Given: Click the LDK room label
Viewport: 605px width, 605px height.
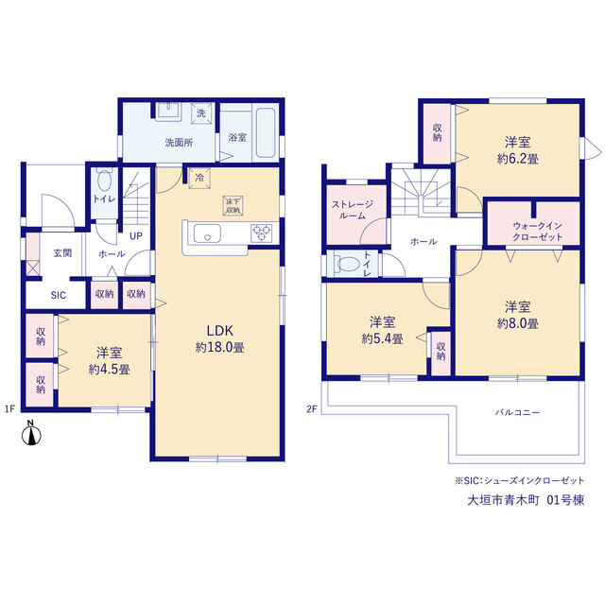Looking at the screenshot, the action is pos(220,331).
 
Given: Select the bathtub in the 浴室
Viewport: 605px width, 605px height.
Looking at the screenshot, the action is pos(266,132).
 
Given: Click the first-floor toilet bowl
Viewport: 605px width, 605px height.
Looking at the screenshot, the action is pos(104,181).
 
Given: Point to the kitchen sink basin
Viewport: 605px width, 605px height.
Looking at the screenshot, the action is pos(207,233).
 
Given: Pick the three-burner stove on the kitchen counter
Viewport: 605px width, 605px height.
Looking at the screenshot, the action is pos(261,233).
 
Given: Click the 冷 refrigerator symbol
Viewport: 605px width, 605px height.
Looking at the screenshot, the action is pos(199,179).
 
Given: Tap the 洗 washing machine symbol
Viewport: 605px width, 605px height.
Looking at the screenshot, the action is pos(201,113).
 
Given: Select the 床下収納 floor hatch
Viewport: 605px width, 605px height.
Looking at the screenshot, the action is pos(233,206).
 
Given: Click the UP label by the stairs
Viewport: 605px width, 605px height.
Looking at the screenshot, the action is pos(136,236).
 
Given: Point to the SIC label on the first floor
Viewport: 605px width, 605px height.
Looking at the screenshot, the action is pos(59,295).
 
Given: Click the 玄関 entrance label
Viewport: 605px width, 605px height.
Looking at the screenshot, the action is pos(62,253).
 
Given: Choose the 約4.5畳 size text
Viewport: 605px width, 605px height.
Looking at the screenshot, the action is pos(110,370).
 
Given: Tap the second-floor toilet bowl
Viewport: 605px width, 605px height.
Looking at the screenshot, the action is pos(348,265).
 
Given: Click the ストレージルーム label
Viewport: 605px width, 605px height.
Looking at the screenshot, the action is pos(353,210).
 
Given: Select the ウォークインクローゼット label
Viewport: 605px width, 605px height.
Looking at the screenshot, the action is pos(538,231).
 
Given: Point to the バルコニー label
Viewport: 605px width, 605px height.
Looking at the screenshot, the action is pos(517,412).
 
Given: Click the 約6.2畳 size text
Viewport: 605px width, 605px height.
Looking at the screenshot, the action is pos(517,159).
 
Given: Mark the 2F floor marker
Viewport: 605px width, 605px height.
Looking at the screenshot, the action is pos(312,409).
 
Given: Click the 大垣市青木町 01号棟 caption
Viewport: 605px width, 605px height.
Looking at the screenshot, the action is pos(526,500).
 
